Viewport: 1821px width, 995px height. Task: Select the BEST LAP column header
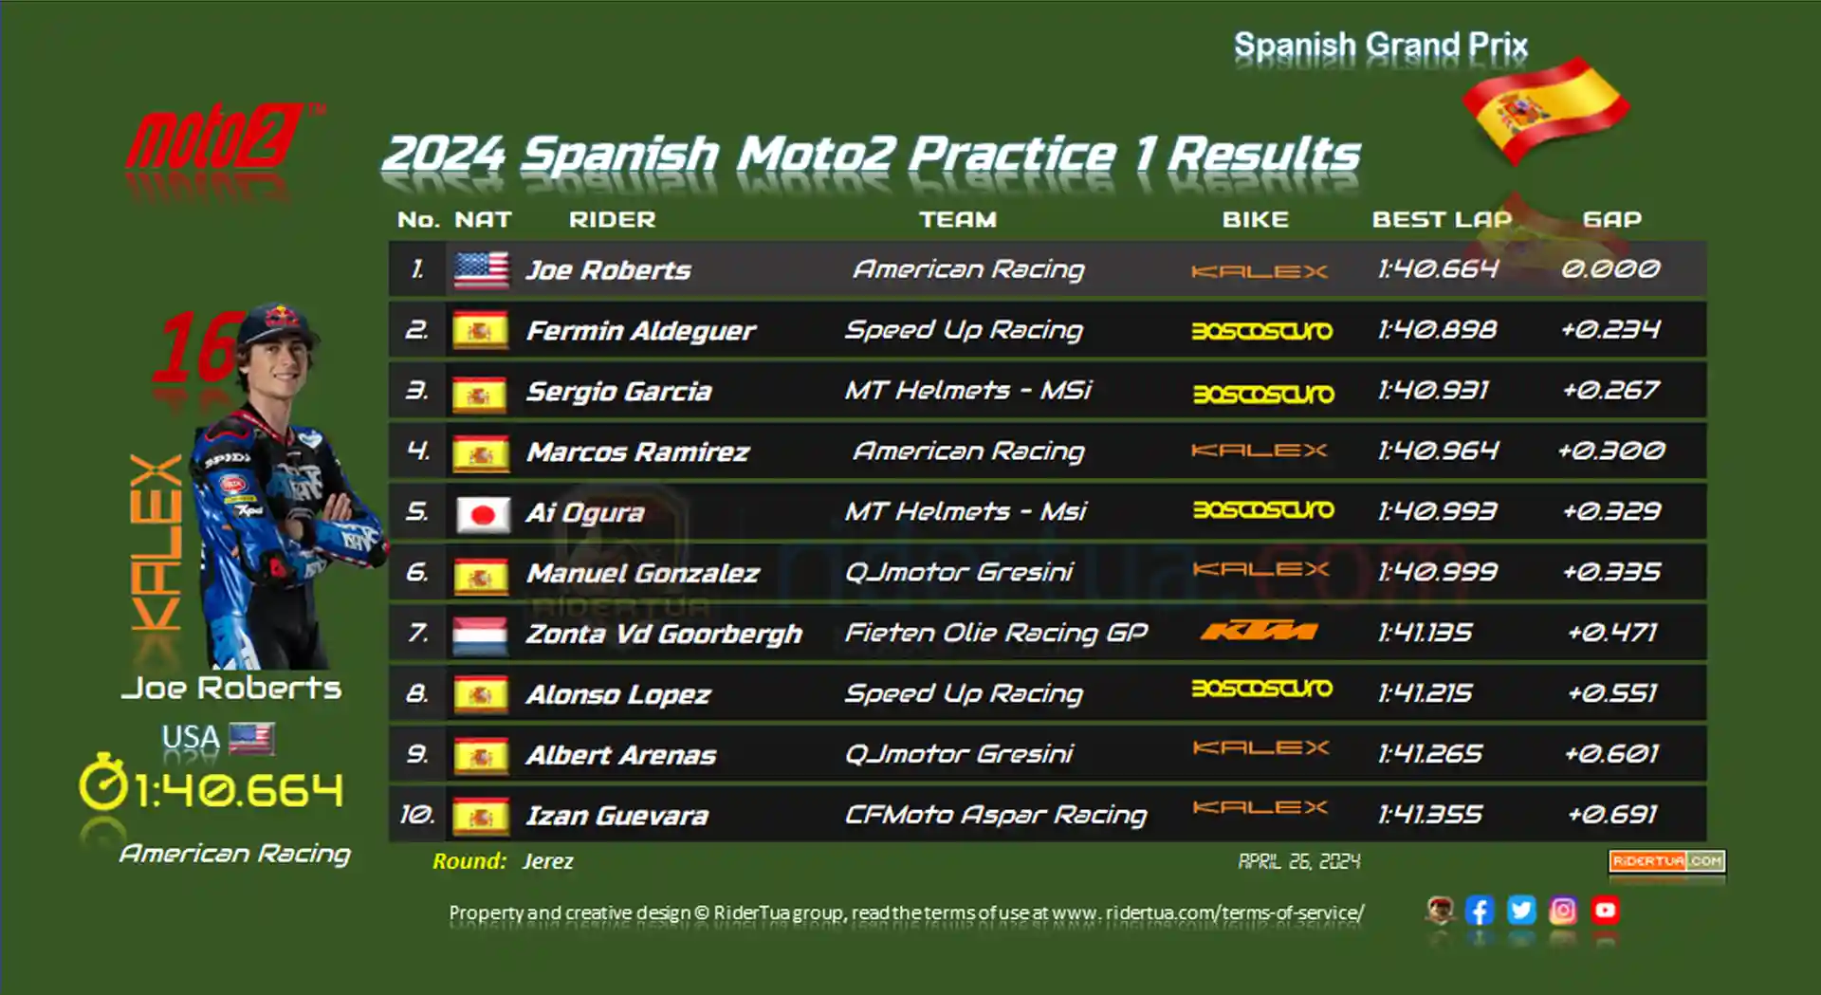[x=1442, y=219]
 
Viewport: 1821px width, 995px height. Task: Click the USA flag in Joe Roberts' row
[x=481, y=269]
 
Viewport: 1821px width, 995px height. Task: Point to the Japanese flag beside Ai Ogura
[x=482, y=513]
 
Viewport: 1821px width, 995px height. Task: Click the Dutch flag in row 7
[x=481, y=635]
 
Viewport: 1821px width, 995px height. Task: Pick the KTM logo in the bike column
[x=1259, y=631]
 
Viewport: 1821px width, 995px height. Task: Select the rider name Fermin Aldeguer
[x=640, y=330]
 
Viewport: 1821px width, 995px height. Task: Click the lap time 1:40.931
[x=1433, y=390]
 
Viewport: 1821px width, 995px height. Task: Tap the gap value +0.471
[x=1612, y=632]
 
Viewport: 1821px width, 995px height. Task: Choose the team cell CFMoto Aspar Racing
[x=996, y=815]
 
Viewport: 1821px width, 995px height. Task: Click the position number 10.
[x=417, y=814]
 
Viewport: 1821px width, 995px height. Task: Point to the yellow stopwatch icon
[x=102, y=783]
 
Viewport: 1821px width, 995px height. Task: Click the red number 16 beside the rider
[x=197, y=347]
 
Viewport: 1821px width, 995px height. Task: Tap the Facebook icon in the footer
[x=1480, y=911]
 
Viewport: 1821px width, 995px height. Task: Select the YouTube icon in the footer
[x=1605, y=911]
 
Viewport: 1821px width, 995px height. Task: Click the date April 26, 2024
[x=1298, y=861]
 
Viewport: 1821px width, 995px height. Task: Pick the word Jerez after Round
[x=547, y=861]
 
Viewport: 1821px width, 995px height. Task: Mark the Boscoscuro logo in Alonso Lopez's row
[x=1262, y=689]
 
